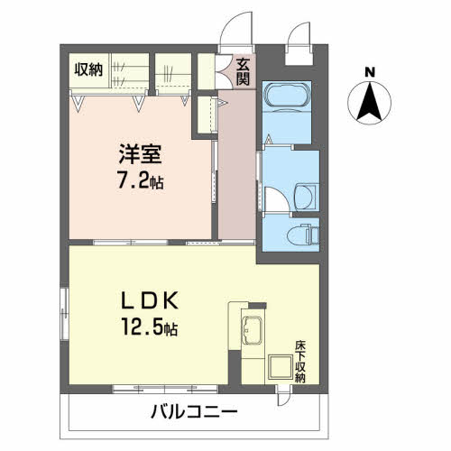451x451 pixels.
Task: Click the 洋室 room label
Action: (x=141, y=154)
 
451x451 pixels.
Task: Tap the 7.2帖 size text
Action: (x=141, y=181)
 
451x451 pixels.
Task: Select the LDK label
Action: (x=150, y=300)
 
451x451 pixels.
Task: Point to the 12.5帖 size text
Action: (x=150, y=327)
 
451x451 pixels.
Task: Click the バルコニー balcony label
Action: (x=194, y=411)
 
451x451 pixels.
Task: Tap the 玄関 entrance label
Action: (x=243, y=71)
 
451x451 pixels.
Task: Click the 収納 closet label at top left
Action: (x=88, y=69)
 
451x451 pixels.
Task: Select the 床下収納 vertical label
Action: (x=299, y=362)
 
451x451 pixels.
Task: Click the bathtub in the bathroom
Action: (x=287, y=94)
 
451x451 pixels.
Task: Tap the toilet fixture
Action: (x=303, y=234)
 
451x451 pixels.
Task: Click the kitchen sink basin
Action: (x=252, y=330)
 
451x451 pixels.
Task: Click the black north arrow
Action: (x=370, y=102)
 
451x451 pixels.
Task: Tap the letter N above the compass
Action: (x=370, y=72)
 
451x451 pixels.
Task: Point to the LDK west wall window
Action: (x=64, y=314)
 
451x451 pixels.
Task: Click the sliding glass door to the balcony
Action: (x=165, y=389)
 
